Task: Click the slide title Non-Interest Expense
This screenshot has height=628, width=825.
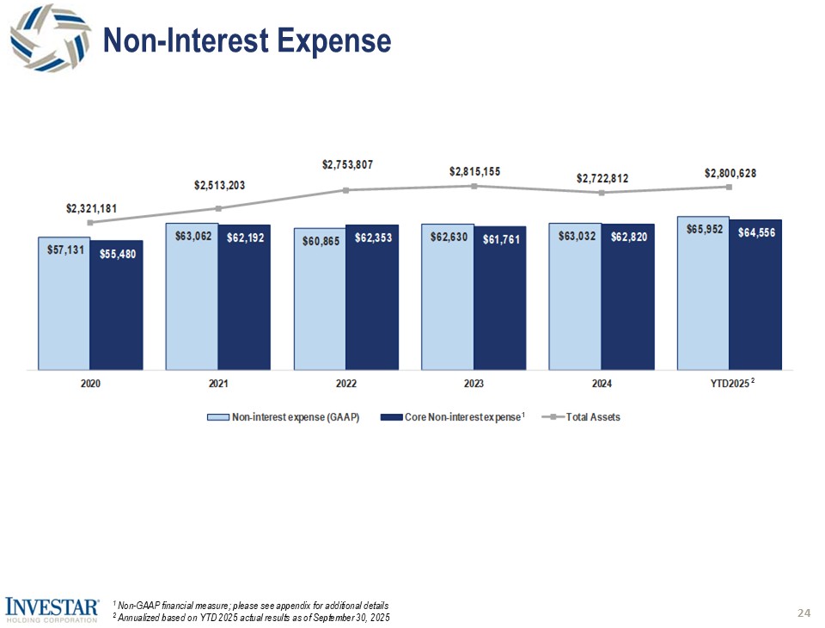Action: pos(247,40)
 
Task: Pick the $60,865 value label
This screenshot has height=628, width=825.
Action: pos(319,241)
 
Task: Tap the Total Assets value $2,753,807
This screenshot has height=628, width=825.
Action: pos(347,163)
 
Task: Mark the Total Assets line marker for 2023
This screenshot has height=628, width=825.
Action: pos(474,186)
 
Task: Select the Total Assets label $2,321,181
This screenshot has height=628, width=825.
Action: pos(91,208)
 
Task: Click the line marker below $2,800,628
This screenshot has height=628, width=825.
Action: pos(729,187)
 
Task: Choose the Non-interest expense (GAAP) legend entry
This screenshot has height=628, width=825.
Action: pos(283,417)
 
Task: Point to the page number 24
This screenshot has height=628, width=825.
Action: pos(804,613)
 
